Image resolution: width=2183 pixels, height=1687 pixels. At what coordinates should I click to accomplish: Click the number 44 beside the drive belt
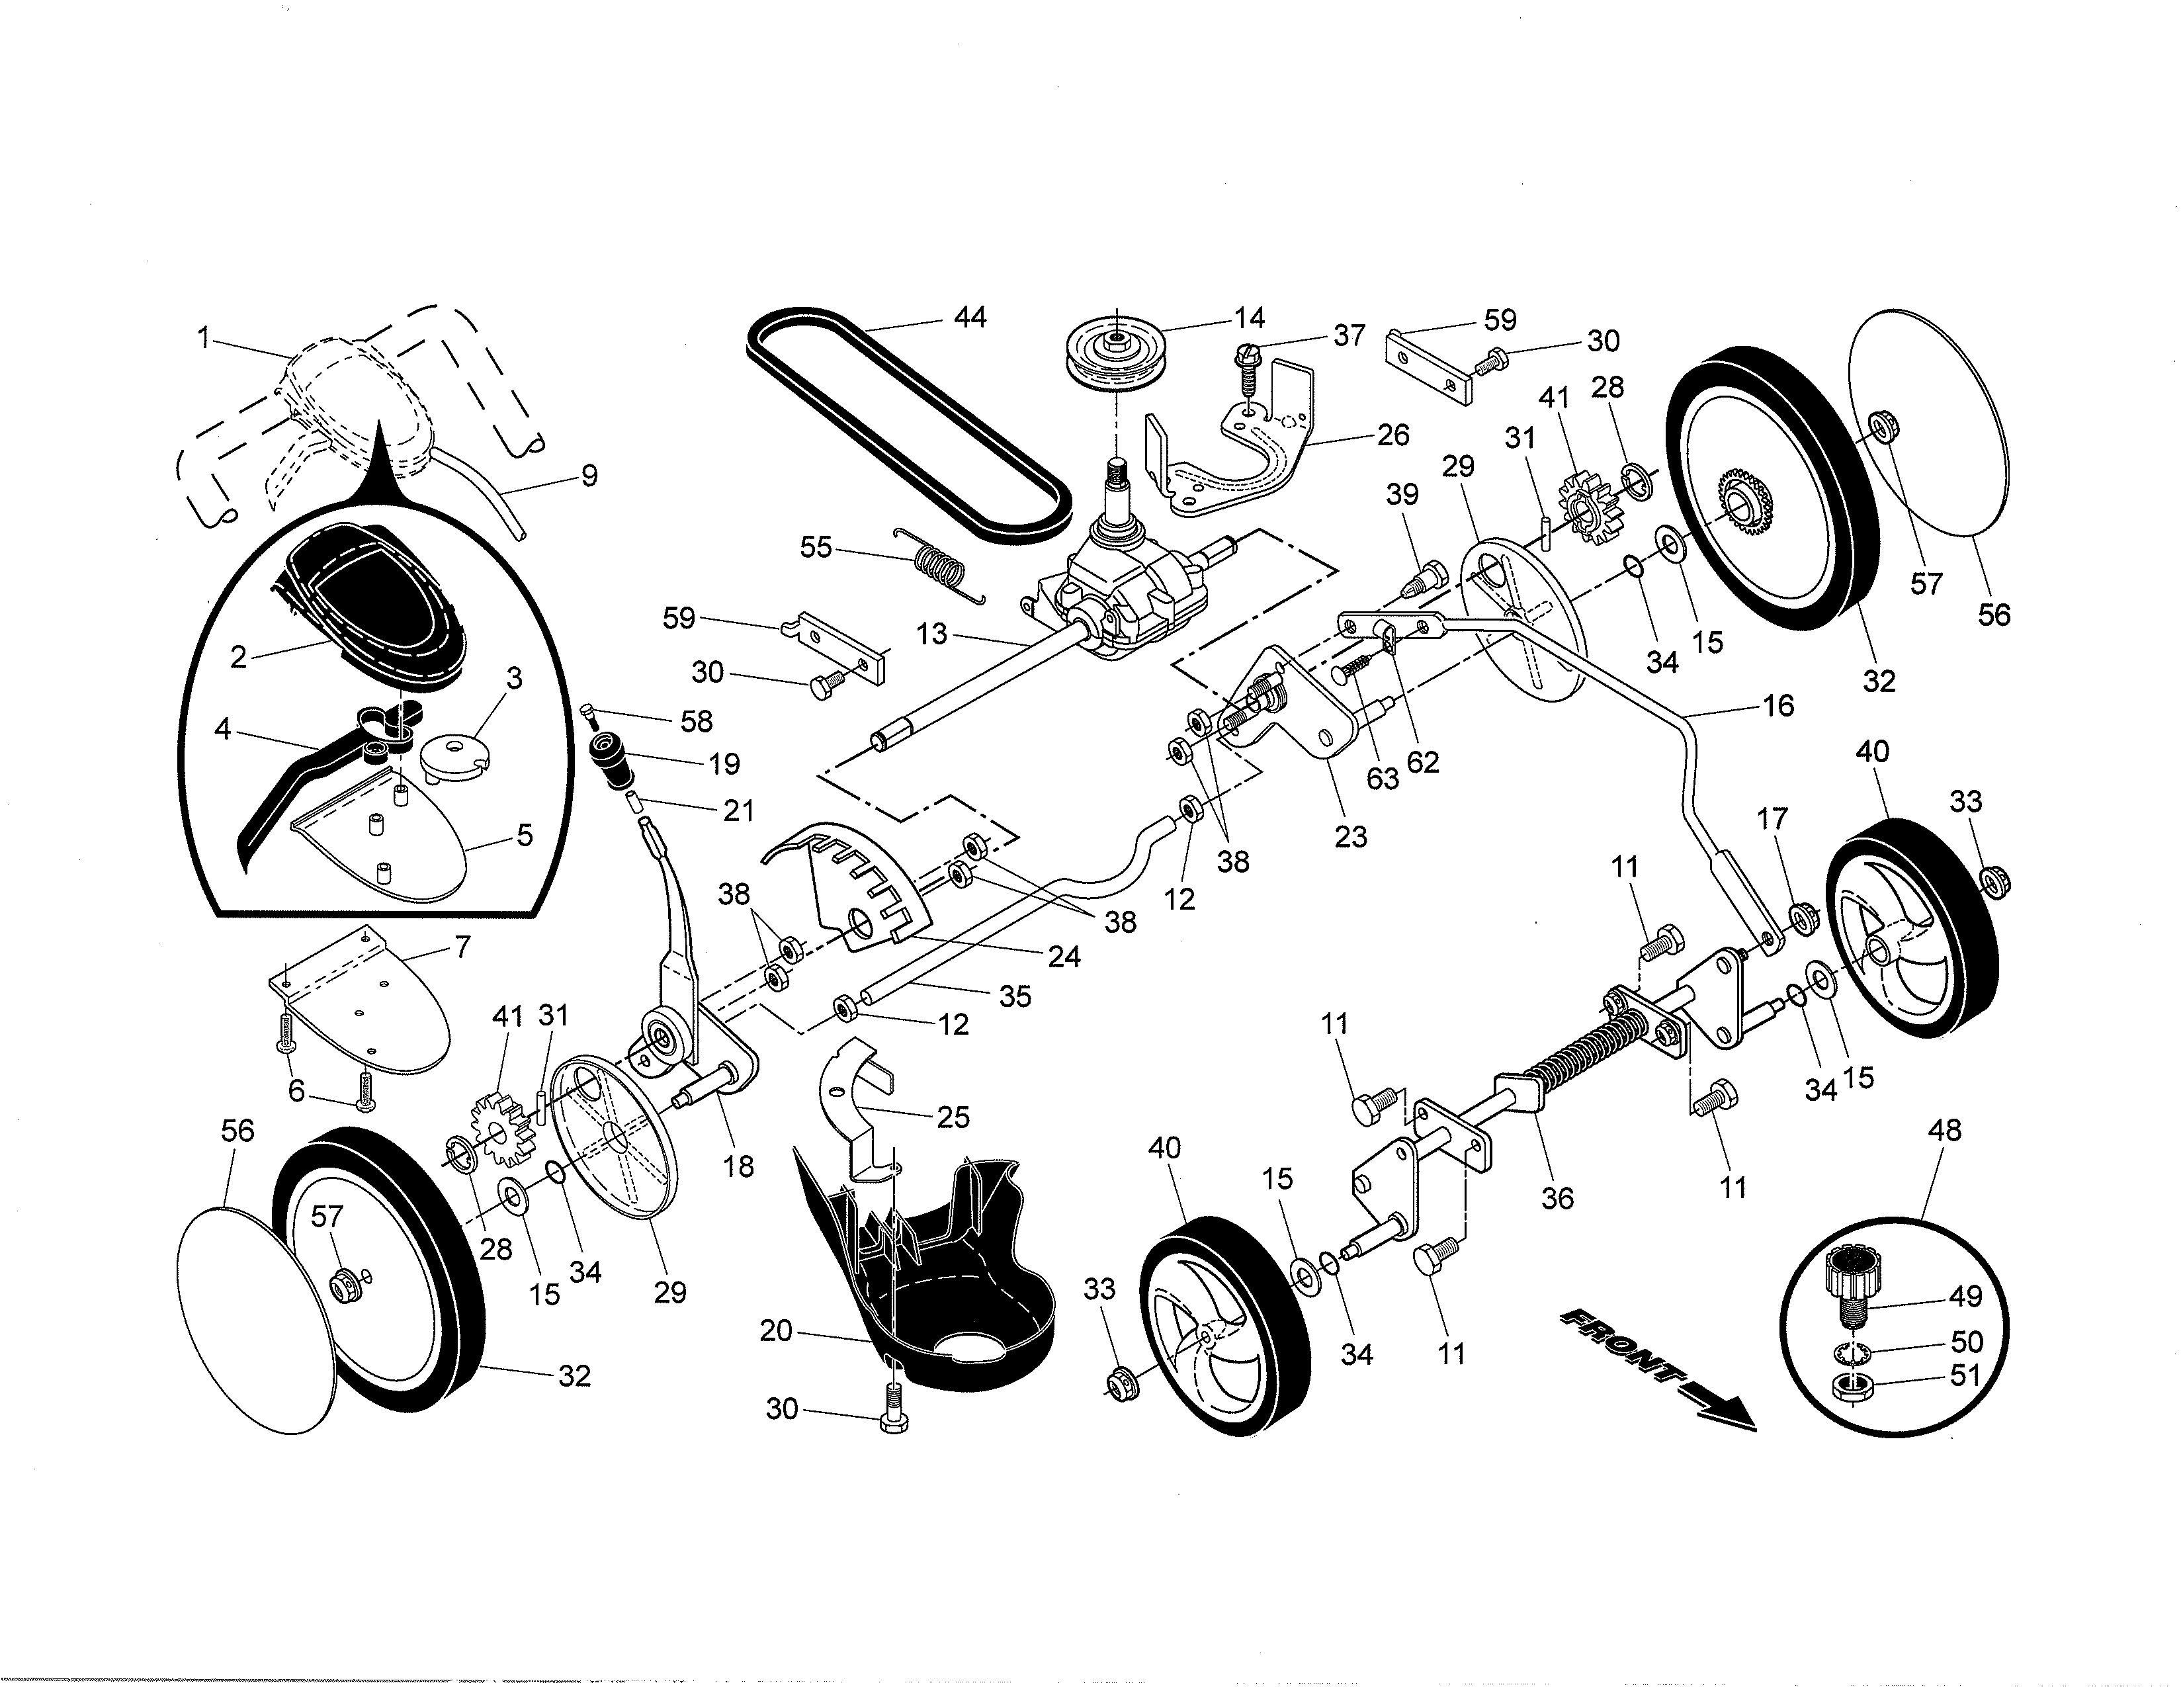pos(970,317)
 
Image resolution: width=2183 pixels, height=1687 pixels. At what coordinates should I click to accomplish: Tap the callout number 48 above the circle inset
pos(1944,1131)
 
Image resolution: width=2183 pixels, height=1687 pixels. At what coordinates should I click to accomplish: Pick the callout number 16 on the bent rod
pos(1778,706)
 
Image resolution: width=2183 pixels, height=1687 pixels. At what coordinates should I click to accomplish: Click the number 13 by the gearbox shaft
pos(931,634)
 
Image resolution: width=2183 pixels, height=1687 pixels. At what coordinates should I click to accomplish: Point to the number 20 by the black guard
pos(776,1330)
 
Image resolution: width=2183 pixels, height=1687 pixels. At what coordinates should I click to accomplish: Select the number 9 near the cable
pos(589,475)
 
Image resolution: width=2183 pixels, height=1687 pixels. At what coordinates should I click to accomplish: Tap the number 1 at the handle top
pos(204,338)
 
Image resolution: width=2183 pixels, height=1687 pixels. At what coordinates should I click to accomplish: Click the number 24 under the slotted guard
pos(1064,957)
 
